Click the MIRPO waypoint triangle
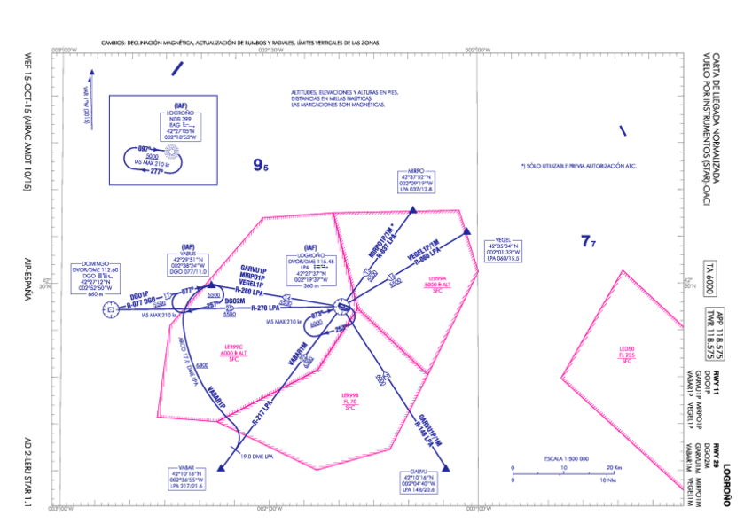(413, 210)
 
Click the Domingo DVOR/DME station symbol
(109, 309)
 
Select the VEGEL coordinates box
(504, 252)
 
